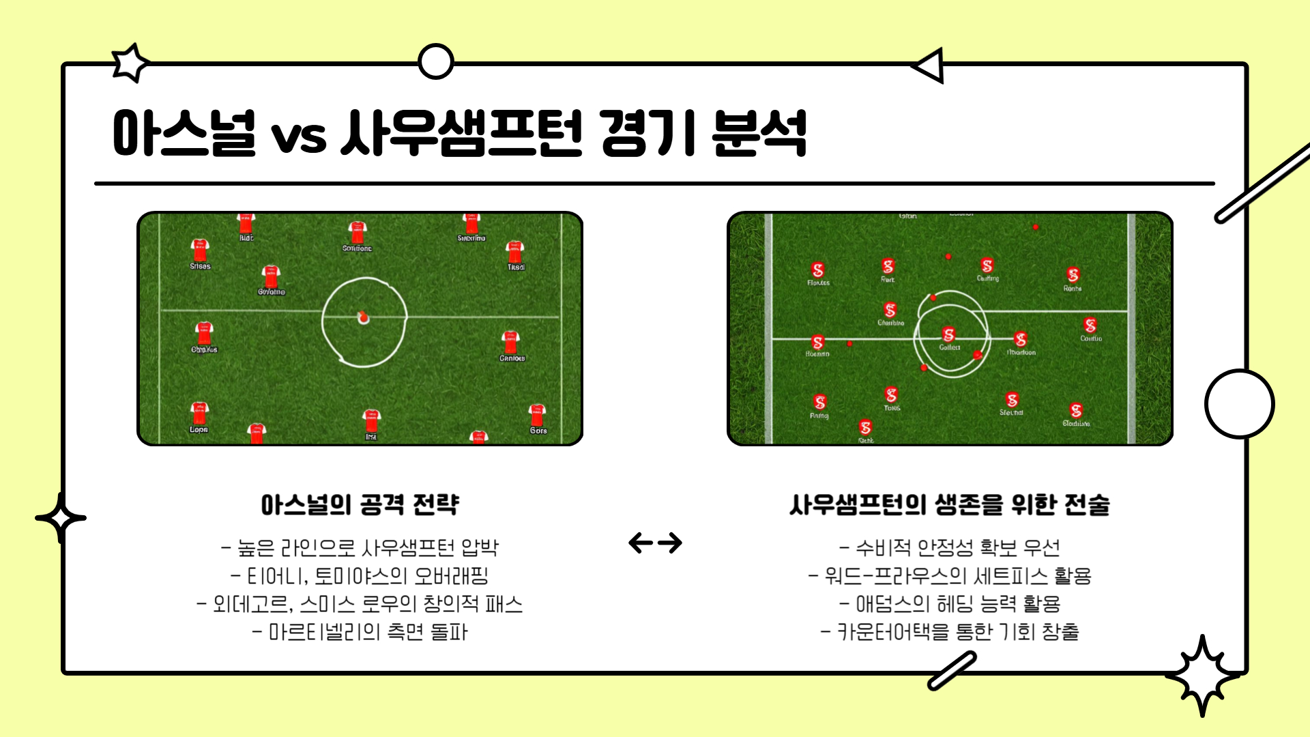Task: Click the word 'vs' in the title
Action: click(x=298, y=136)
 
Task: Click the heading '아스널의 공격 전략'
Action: click(x=360, y=505)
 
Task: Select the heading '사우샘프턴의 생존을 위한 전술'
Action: click(x=949, y=505)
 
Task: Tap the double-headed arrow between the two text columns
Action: click(x=655, y=543)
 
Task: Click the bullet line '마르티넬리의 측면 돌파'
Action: click(x=360, y=632)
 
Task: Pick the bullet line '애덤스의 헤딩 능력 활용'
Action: click(x=949, y=604)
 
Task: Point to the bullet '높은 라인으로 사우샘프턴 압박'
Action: click(x=360, y=547)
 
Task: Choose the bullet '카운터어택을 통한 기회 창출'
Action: click(x=949, y=632)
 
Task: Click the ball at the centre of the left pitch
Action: click(x=363, y=317)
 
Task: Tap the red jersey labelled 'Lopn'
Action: click(x=199, y=414)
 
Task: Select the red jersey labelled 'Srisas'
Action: click(x=199, y=250)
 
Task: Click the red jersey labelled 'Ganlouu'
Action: click(x=510, y=342)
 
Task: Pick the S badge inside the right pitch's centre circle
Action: click(x=948, y=334)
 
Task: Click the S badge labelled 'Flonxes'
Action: click(x=818, y=270)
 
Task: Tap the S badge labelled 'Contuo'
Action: click(x=1090, y=326)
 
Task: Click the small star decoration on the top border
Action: click(x=130, y=63)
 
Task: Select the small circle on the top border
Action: click(x=435, y=61)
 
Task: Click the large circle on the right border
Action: click(x=1239, y=403)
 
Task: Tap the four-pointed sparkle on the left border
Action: click(x=61, y=518)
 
